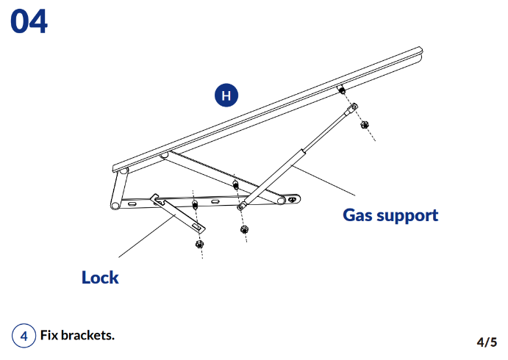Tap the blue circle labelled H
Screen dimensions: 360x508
[226, 96]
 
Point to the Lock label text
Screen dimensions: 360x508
[100, 278]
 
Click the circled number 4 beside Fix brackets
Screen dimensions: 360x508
[24, 336]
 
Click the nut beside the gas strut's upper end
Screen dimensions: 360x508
[365, 124]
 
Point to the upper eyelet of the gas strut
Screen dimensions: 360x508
[352, 107]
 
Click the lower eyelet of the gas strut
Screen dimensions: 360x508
[240, 207]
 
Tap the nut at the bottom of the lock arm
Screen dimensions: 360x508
[198, 243]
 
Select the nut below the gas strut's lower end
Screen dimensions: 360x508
[244, 229]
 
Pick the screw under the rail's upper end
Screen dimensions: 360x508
[341, 90]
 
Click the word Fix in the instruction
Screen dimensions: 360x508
[49, 336]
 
